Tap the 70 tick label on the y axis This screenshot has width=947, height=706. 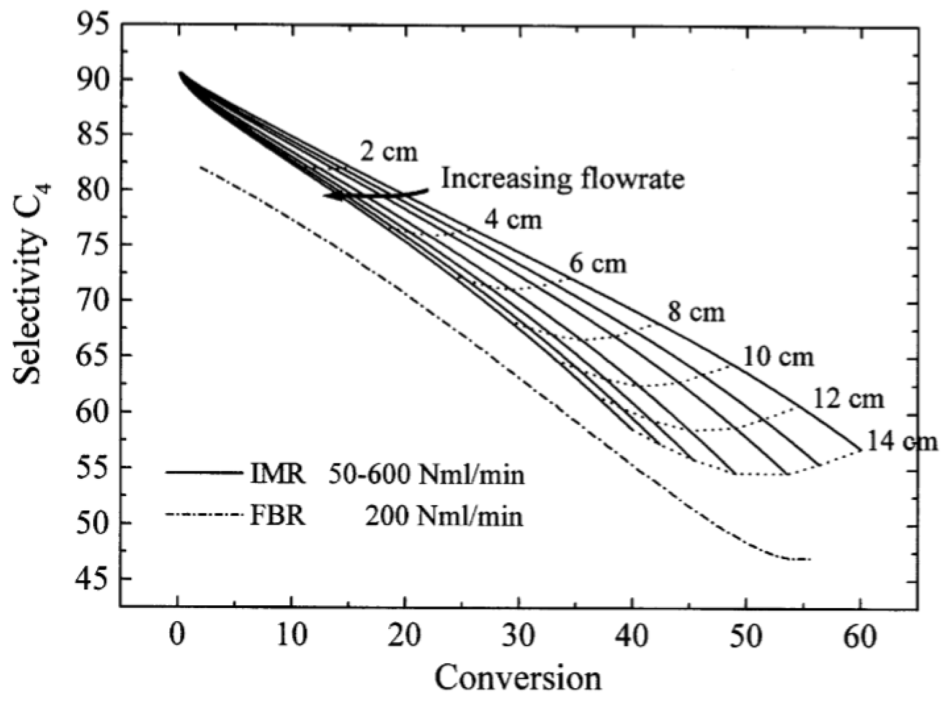point(93,301)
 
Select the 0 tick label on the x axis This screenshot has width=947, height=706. point(178,636)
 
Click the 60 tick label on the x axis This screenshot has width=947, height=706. point(859,636)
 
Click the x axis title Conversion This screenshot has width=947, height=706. point(518,678)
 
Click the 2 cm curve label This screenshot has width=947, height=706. point(389,152)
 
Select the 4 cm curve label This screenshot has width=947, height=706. point(512,219)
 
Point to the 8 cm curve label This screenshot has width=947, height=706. point(696,313)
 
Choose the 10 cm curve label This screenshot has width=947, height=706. point(779,357)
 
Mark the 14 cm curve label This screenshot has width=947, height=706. point(901,441)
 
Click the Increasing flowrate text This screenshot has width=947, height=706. point(562,179)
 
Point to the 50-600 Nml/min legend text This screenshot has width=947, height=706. point(427,475)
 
